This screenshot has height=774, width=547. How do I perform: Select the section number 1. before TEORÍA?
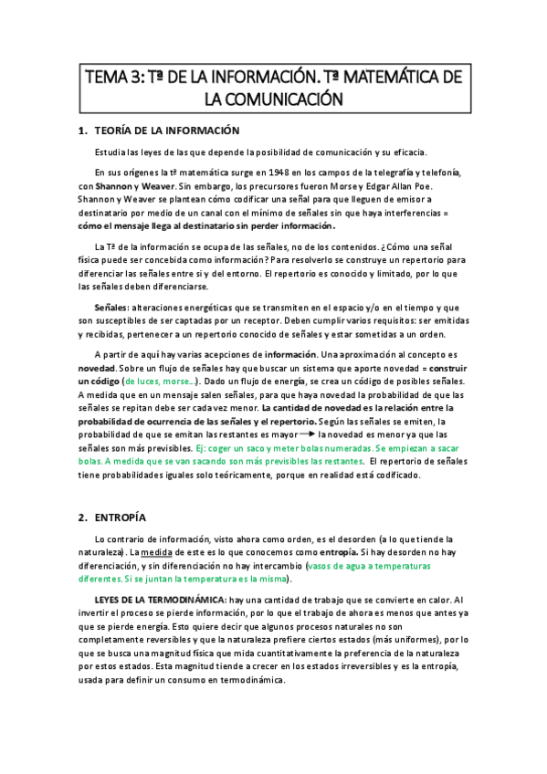click(x=83, y=131)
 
